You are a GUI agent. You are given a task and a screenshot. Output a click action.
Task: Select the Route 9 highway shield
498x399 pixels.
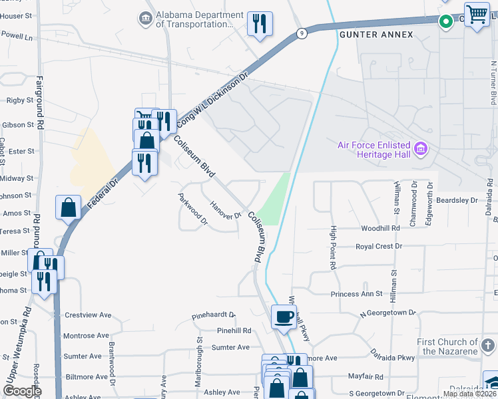[x=302, y=33]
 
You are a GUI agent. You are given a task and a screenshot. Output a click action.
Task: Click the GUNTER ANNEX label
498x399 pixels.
[x=376, y=35]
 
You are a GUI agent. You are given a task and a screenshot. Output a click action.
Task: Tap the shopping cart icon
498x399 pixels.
[x=477, y=14]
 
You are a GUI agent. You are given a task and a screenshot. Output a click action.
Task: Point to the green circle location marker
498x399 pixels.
[x=445, y=21]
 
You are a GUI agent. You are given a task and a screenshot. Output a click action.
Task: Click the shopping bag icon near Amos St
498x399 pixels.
[x=69, y=207]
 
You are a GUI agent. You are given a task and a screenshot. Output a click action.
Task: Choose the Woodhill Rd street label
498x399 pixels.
[x=380, y=228]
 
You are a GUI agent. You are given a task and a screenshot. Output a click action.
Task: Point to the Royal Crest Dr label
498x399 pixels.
[x=379, y=246]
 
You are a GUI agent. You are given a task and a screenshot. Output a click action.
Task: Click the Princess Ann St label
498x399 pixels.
[x=357, y=293]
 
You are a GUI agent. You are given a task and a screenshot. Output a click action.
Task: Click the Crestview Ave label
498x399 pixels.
[x=87, y=315]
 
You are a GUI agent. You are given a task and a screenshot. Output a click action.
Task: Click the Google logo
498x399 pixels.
[x=21, y=391]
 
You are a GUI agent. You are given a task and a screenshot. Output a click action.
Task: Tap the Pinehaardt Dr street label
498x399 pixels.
[x=214, y=315]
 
